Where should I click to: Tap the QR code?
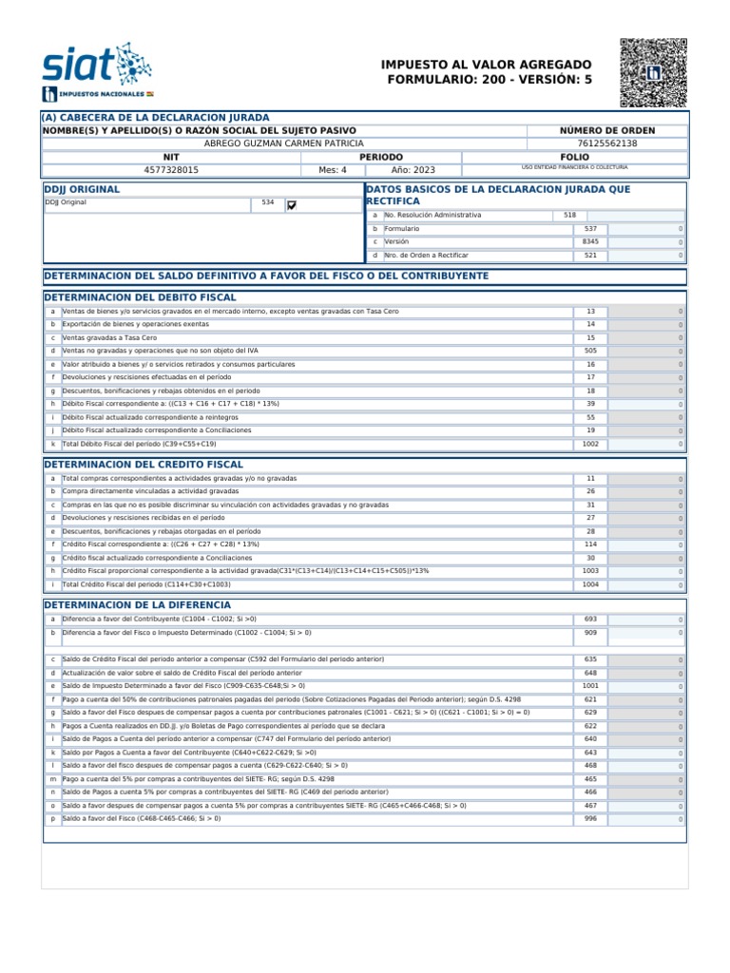[652, 72]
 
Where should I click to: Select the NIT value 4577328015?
[171, 170]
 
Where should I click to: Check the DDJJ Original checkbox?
[292, 204]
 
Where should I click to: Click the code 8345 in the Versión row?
[590, 242]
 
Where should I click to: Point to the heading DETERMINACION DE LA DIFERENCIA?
[137, 604]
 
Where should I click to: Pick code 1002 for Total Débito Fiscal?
[590, 444]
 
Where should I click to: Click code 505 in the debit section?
[590, 351]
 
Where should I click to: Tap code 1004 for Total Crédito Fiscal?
[590, 585]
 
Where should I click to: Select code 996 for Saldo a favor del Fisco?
[590, 818]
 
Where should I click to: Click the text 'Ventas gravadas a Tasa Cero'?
[109, 337]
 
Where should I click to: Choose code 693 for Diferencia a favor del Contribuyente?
[590, 619]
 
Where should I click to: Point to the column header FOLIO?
[574, 157]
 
